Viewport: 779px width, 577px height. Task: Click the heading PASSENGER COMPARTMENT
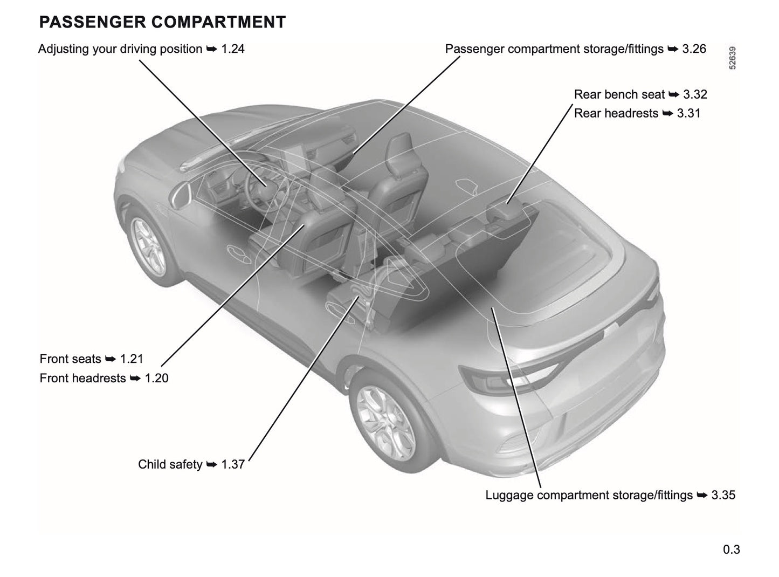click(x=162, y=22)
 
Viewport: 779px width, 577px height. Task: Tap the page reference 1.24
click(x=233, y=49)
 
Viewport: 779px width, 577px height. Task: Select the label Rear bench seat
click(x=619, y=94)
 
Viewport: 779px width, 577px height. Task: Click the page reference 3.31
click(x=688, y=113)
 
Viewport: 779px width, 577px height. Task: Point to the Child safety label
click(x=170, y=464)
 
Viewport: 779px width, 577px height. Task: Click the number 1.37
click(x=233, y=464)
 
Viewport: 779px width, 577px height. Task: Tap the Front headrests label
click(x=82, y=378)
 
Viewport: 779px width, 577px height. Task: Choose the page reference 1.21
click(x=132, y=359)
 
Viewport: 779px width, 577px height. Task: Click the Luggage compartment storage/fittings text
click(x=589, y=495)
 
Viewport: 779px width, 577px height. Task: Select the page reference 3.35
click(x=723, y=495)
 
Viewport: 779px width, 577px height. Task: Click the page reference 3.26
click(x=694, y=49)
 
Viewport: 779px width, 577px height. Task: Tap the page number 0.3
click(x=732, y=549)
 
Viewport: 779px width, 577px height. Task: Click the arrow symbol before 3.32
click(x=674, y=94)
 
